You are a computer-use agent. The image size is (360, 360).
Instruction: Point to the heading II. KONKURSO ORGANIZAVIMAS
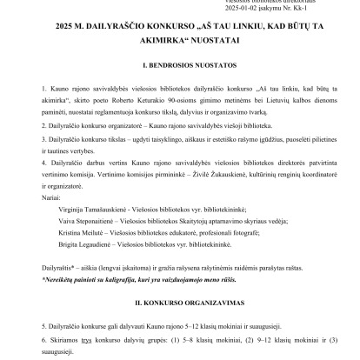pyautogui.click(x=180, y=306)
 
